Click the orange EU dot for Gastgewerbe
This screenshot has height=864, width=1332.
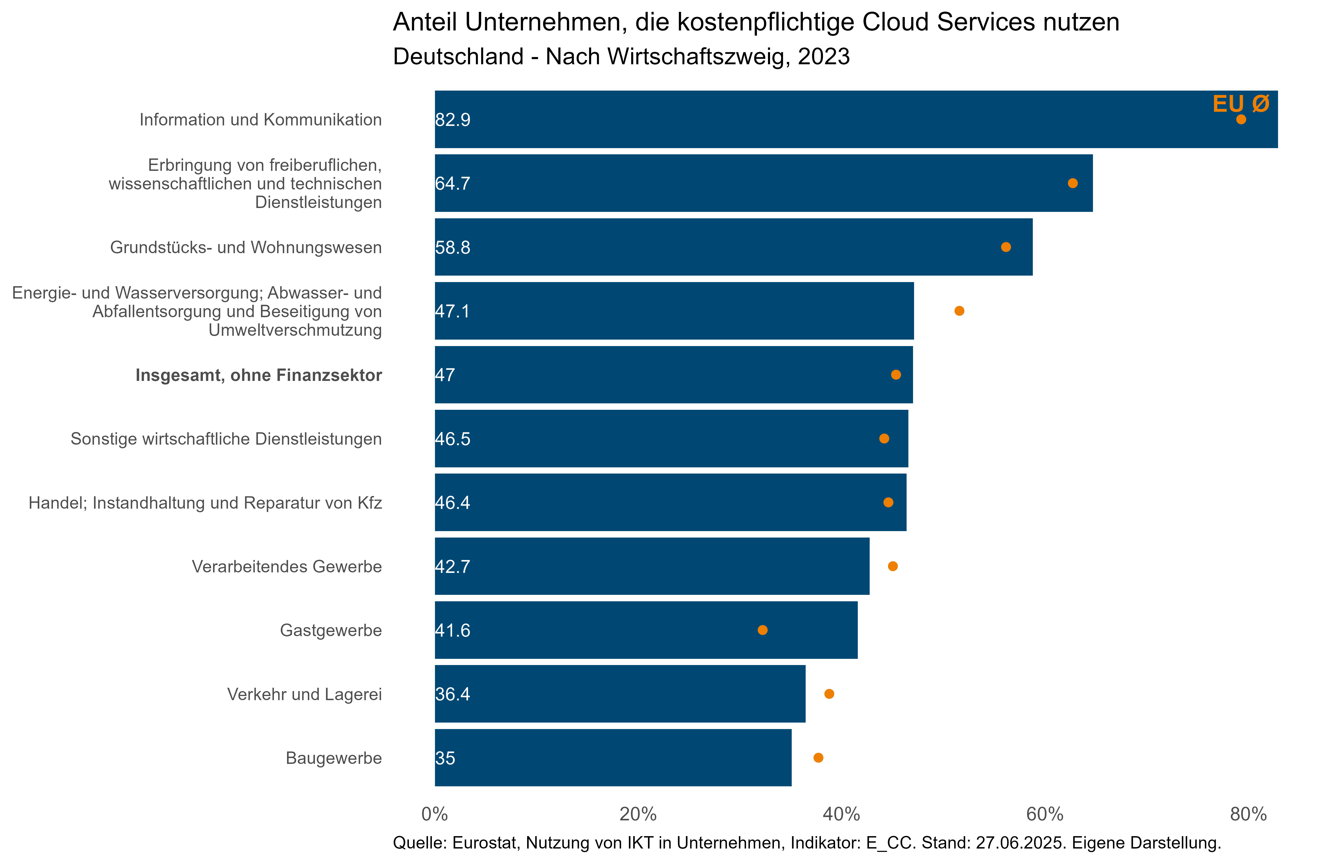tap(762, 630)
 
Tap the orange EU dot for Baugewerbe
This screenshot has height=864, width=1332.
tap(818, 758)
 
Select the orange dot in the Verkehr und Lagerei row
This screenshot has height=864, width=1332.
tap(829, 694)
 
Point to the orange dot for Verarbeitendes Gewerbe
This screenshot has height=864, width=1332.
tap(893, 566)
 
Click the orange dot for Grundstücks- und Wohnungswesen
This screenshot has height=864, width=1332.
tap(1006, 247)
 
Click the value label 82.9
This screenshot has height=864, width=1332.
tap(453, 120)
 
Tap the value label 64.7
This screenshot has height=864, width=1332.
tap(453, 183)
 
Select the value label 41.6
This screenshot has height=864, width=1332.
tap(453, 631)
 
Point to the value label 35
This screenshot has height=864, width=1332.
tap(446, 758)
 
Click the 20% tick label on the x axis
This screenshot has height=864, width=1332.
tap(638, 814)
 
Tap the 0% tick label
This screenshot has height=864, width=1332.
tap(435, 814)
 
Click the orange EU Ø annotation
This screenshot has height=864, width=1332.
tap(1241, 104)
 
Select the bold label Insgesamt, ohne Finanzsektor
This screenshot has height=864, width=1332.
tap(259, 375)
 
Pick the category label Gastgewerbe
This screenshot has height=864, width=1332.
tap(331, 631)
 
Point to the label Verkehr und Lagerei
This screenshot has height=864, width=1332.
tap(304, 694)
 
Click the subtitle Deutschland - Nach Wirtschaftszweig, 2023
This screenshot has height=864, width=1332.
tap(621, 57)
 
